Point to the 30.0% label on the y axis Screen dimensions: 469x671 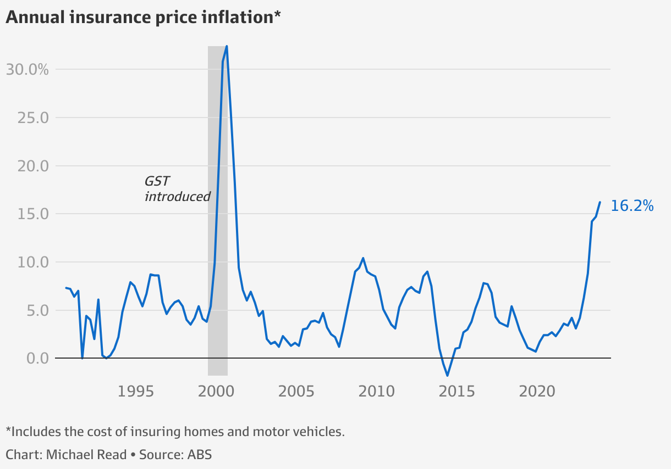[x=28, y=70]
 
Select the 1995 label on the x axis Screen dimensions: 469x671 [x=135, y=392]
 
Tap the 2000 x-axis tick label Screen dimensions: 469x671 [x=216, y=392]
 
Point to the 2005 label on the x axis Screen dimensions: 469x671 [x=296, y=392]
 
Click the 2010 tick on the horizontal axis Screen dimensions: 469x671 [x=377, y=392]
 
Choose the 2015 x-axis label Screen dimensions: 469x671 [x=458, y=392]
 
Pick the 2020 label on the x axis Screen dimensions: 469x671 [x=538, y=392]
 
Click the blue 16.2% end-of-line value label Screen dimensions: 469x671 [x=632, y=206]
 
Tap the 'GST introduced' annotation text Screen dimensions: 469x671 [x=177, y=188]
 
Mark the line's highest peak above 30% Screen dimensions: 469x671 [x=227, y=47]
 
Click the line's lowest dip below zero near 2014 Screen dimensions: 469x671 [x=448, y=376]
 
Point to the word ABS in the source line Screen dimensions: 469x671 [x=200, y=455]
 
